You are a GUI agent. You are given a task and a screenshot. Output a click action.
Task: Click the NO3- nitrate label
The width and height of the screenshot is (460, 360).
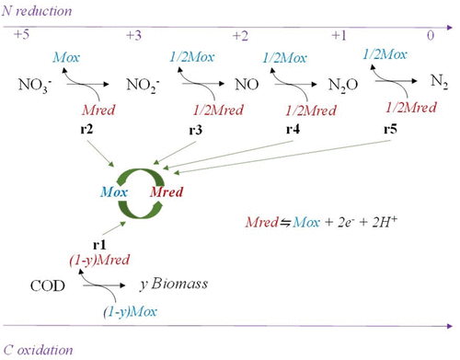(35, 85)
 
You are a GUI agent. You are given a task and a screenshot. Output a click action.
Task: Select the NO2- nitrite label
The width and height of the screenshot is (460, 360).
(143, 85)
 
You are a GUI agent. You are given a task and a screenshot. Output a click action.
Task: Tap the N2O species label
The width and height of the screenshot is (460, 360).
(343, 85)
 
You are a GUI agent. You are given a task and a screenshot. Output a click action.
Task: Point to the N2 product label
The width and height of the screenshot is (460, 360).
(439, 82)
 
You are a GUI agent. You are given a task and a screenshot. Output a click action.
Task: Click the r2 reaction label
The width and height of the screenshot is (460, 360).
(86, 129)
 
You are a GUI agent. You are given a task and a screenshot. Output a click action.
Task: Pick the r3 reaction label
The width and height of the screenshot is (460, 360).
(195, 130)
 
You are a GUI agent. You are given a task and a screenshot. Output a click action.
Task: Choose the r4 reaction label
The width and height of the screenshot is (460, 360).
(293, 129)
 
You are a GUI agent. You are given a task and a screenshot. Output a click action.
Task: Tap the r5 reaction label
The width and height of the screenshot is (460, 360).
(390, 129)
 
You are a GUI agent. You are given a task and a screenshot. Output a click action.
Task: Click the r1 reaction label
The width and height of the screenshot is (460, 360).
(99, 245)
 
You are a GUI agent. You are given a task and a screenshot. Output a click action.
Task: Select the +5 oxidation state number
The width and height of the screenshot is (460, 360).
(21, 34)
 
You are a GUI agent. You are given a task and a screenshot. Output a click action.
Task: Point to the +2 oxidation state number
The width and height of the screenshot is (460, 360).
(240, 36)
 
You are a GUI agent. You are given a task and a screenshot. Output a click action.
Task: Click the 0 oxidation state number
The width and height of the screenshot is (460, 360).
(431, 36)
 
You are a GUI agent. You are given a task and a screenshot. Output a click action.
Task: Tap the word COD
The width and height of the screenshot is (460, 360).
(48, 286)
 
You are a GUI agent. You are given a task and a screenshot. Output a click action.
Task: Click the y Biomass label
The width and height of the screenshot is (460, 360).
(174, 284)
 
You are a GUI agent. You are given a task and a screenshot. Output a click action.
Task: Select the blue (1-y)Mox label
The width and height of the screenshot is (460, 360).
(131, 312)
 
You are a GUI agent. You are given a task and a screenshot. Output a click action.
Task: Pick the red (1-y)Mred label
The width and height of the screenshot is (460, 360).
(99, 261)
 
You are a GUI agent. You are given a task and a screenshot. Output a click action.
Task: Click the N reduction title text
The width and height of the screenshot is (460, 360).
(37, 11)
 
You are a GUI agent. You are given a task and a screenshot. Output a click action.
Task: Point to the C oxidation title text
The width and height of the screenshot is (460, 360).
(38, 350)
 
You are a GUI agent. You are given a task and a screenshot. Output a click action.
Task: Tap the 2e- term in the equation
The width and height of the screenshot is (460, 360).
(345, 222)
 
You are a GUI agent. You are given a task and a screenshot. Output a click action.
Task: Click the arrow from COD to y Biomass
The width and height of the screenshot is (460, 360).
(104, 285)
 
